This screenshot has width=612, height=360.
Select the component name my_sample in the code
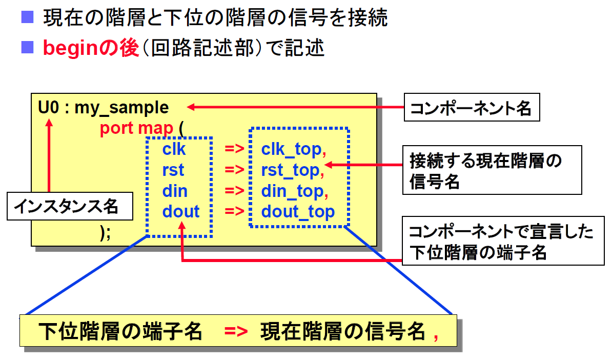(x=121, y=108)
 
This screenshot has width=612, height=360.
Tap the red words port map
(x=136, y=128)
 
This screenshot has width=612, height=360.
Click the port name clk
(x=174, y=149)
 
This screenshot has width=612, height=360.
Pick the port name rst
(x=173, y=170)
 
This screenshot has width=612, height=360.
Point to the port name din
(x=175, y=191)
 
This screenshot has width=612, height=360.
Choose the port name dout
(x=181, y=212)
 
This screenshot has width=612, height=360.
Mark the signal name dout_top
(x=298, y=212)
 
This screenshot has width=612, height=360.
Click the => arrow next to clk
(x=234, y=149)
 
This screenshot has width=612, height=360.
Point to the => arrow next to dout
(x=234, y=211)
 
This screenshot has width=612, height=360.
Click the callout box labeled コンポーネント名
(x=472, y=107)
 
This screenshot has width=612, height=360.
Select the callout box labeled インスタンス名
(x=70, y=206)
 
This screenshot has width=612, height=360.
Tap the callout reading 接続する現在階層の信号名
(x=492, y=170)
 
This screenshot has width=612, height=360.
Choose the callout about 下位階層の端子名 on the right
(x=503, y=241)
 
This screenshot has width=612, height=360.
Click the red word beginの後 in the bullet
(x=91, y=48)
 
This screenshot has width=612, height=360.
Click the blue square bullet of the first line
(x=27, y=17)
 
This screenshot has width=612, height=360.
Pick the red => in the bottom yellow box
(x=236, y=331)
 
